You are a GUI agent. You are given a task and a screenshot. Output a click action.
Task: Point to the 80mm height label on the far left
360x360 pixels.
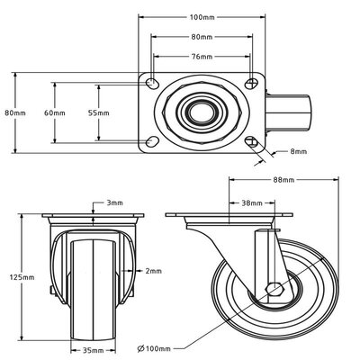11,113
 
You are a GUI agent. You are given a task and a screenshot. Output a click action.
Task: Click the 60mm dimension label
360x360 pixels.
55,113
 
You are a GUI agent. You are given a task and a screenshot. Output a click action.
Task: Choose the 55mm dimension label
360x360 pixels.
98,113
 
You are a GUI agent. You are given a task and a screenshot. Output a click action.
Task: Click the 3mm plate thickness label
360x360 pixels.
115,202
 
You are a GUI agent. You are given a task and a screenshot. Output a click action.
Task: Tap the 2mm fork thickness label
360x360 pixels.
154,270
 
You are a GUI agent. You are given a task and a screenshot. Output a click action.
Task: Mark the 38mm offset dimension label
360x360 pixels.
252,202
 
